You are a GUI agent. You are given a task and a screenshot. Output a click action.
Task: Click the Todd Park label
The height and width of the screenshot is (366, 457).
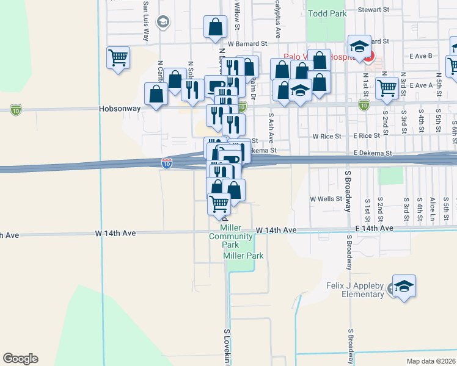tap(327, 13)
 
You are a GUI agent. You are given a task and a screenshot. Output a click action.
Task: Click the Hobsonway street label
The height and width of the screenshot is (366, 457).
tap(120, 109)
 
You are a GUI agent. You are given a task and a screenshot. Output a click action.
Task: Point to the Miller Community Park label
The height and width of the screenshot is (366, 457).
tap(232, 236)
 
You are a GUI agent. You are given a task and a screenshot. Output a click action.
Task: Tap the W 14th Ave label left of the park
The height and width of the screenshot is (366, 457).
tap(115, 233)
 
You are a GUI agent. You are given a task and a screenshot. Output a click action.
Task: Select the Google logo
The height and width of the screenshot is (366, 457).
tap(20, 359)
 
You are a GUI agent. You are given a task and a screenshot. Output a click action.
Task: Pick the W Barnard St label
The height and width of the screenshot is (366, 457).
tap(248, 44)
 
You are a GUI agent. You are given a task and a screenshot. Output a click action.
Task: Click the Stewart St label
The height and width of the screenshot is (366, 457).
tap(374, 10)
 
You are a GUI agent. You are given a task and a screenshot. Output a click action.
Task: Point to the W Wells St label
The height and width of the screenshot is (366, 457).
tap(325, 199)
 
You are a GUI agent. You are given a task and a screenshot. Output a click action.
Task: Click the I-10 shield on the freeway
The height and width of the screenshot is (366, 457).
tap(167, 163)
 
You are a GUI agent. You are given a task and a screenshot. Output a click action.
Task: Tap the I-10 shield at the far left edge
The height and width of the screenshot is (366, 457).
tap(16, 109)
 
